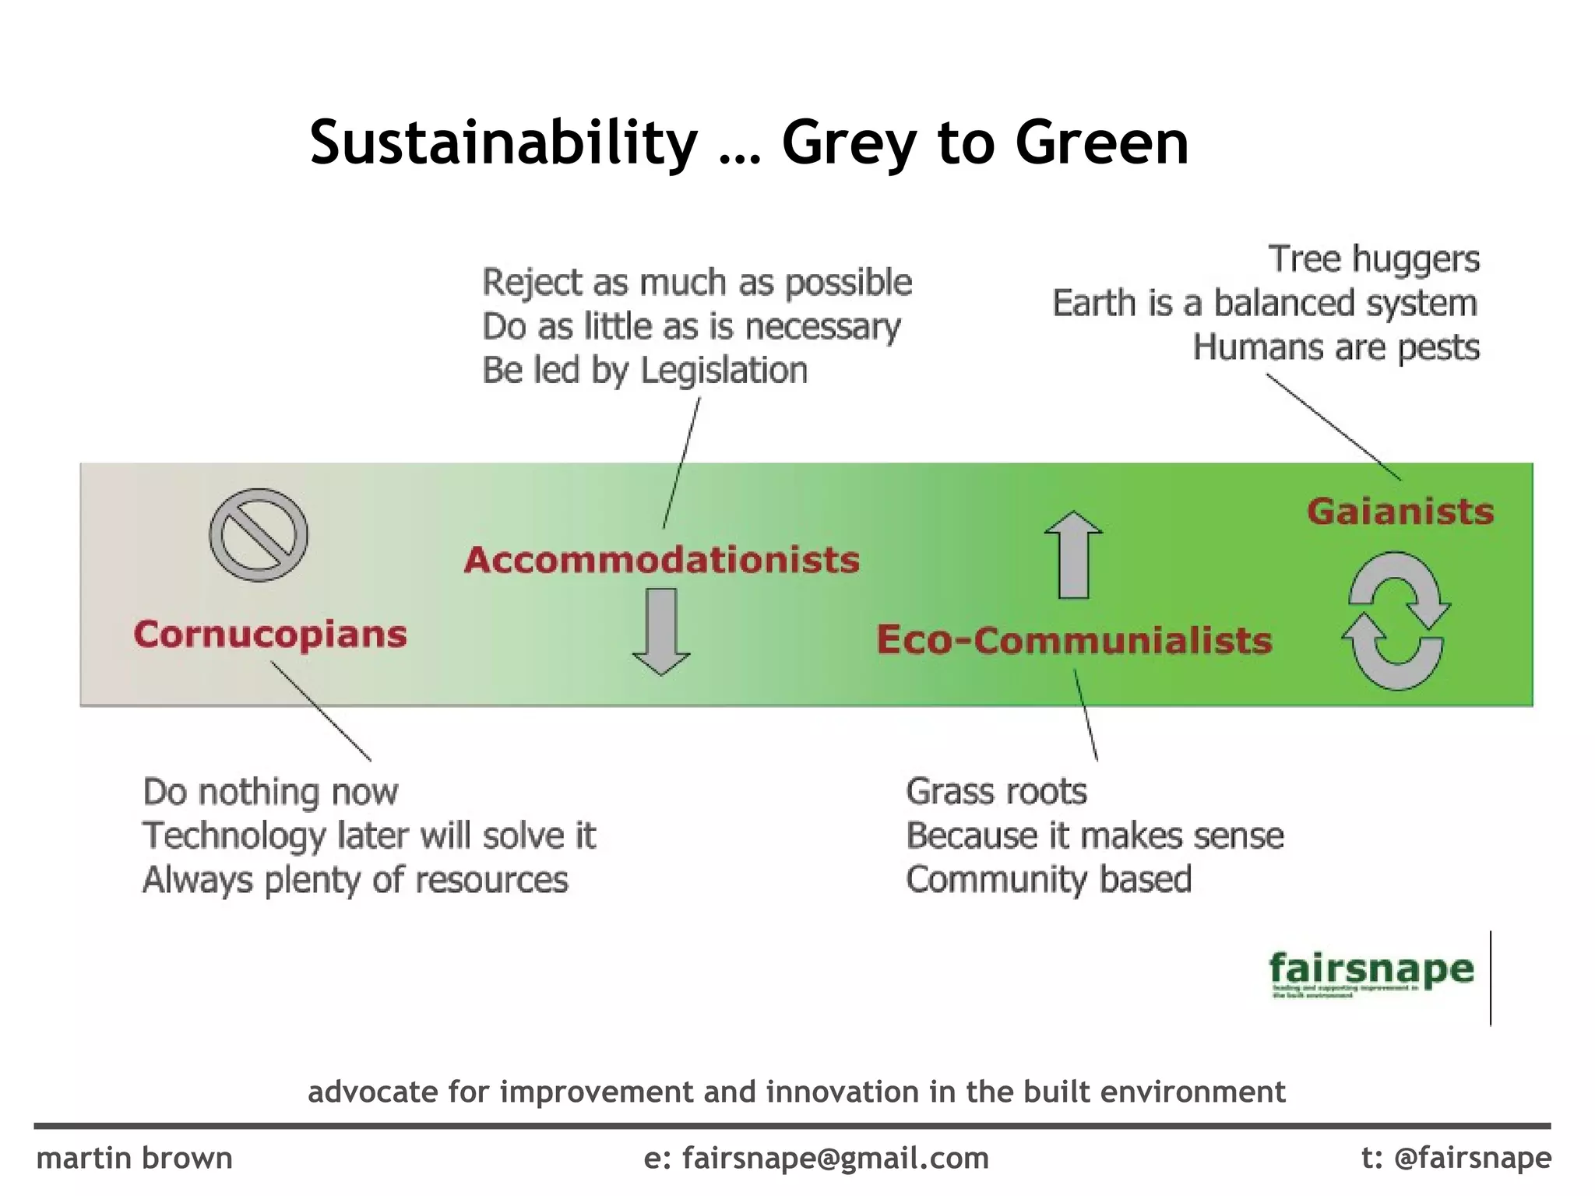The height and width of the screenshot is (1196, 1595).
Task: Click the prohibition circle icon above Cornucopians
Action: click(259, 535)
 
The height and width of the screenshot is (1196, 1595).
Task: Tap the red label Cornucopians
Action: click(270, 634)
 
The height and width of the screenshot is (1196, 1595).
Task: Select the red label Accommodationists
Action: click(662, 560)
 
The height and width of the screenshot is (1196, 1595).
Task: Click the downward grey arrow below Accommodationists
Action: click(661, 631)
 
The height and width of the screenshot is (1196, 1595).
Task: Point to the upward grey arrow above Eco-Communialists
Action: click(1073, 554)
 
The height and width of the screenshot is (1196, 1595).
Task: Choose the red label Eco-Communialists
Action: click(1074, 640)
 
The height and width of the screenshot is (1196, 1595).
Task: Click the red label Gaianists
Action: click(1400, 512)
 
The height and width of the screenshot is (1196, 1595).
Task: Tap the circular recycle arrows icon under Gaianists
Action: click(1396, 621)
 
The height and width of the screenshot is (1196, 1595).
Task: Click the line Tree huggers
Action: click(1374, 259)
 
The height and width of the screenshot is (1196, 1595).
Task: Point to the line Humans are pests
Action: click(1336, 347)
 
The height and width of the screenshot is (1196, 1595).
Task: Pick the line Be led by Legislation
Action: click(645, 371)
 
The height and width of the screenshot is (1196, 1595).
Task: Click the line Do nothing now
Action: click(270, 792)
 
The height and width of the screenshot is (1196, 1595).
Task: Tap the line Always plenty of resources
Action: click(355, 880)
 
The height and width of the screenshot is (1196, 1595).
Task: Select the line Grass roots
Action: click(996, 792)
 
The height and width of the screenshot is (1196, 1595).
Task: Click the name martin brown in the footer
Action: click(135, 1159)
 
